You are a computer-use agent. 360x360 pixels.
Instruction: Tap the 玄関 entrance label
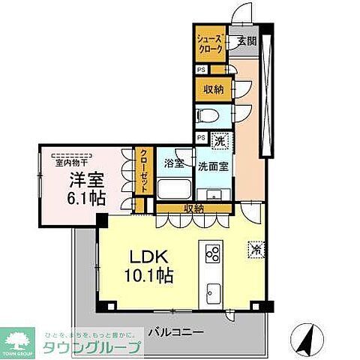pos(247,41)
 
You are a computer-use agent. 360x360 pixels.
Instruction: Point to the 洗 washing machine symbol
pos(220,140)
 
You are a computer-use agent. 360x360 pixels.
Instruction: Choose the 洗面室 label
pos(213,166)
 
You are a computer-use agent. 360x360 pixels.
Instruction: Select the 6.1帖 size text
pos(87,199)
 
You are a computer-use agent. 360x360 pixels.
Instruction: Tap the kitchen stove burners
pos(211,253)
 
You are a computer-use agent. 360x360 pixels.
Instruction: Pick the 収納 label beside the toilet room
pos(213,90)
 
